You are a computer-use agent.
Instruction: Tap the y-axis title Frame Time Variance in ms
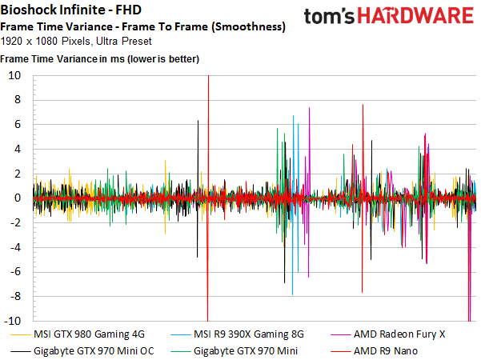(100, 59)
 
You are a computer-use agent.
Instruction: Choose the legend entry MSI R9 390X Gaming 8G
(244, 334)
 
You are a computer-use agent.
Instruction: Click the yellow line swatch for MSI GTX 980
(20, 334)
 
